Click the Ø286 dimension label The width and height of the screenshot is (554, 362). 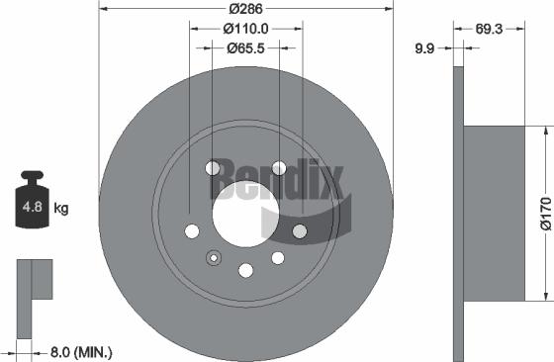[245, 9]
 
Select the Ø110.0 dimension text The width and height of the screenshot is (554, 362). [245, 29]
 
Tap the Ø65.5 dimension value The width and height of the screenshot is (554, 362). [245, 48]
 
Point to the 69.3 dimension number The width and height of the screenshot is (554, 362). [489, 29]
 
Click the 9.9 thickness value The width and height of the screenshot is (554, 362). [424, 48]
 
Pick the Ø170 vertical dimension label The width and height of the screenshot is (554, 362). [546, 214]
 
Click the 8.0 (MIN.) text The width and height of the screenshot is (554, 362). [81, 352]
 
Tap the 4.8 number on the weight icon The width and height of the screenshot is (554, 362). [32, 207]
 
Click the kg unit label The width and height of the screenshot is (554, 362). [61, 209]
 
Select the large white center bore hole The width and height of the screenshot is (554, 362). [245, 214]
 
